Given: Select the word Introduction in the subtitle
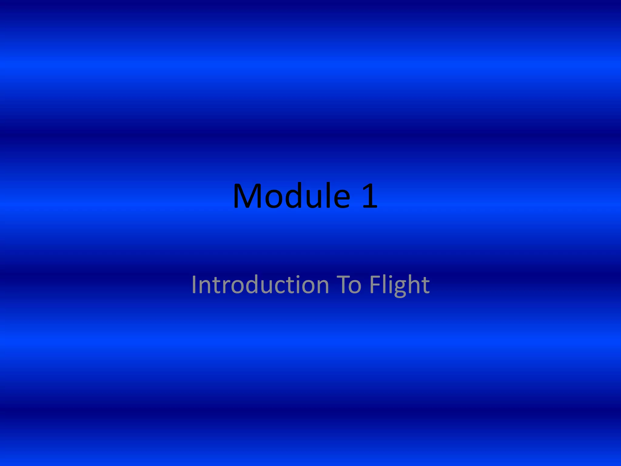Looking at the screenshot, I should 260,285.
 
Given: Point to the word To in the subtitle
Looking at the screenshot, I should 349,285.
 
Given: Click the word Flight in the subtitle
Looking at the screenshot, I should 399,285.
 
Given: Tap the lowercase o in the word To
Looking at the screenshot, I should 355,286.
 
